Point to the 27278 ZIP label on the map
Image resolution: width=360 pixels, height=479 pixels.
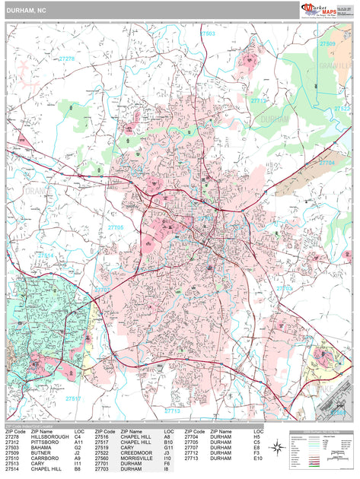point(67,59)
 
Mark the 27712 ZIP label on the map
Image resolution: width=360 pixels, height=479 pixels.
point(260,100)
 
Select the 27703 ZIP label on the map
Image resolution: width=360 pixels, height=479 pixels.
point(283,288)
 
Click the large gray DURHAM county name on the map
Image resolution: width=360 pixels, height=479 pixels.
point(275,120)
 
